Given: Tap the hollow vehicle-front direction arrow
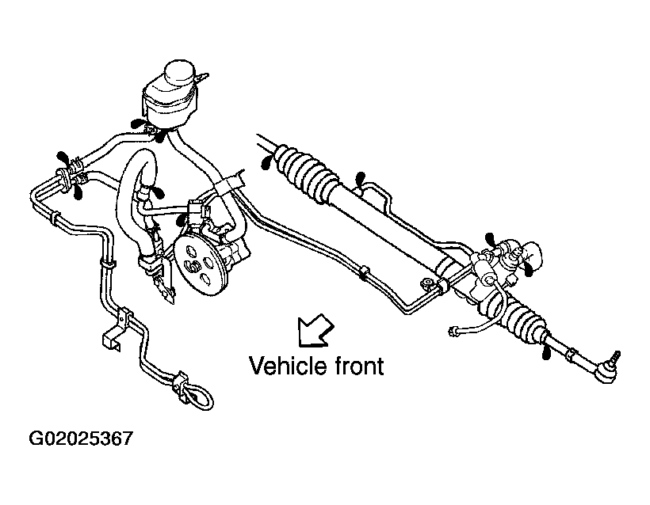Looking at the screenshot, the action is (x=315, y=330).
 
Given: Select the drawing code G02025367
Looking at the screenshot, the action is (x=81, y=439).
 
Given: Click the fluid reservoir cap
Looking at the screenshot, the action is (x=179, y=74).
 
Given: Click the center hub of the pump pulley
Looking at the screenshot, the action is (x=193, y=266).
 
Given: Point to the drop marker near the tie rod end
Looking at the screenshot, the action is (x=547, y=354).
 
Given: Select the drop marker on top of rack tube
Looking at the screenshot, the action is (x=361, y=179).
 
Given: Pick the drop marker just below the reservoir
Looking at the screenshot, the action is (x=160, y=136).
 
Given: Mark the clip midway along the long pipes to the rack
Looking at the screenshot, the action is (x=364, y=273).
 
